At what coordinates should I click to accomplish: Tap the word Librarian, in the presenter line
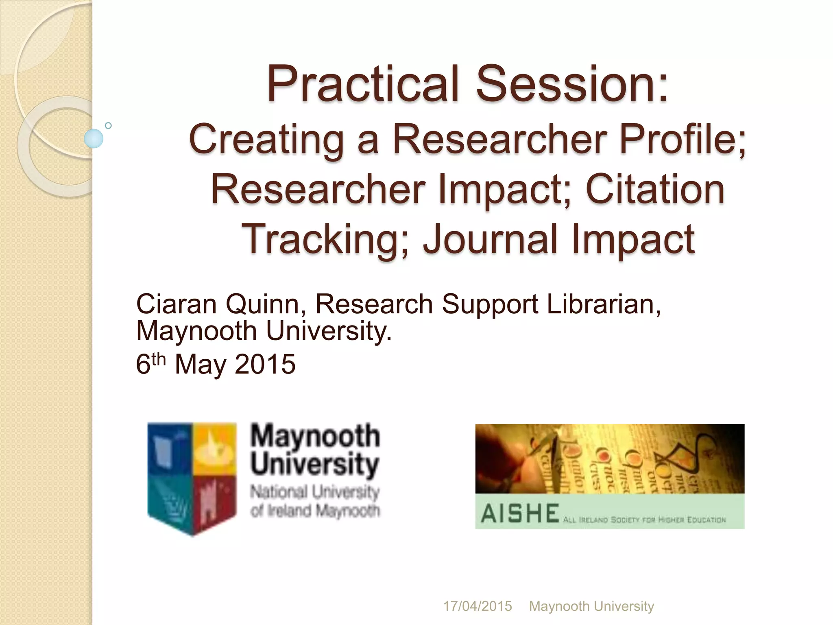[x=604, y=304]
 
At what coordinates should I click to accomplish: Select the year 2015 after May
[x=265, y=364]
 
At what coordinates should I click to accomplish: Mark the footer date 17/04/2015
[x=477, y=606]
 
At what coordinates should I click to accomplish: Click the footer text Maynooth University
[x=591, y=606]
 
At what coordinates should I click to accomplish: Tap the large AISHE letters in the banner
[x=520, y=514]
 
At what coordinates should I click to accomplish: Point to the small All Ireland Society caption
[x=644, y=520]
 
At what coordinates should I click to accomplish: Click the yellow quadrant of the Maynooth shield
[x=214, y=448]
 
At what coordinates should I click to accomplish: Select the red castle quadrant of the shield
[x=214, y=500]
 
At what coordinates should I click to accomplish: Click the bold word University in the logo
[x=314, y=464]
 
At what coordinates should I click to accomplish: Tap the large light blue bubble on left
[x=94, y=138]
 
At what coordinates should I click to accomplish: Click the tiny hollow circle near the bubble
[x=108, y=125]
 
